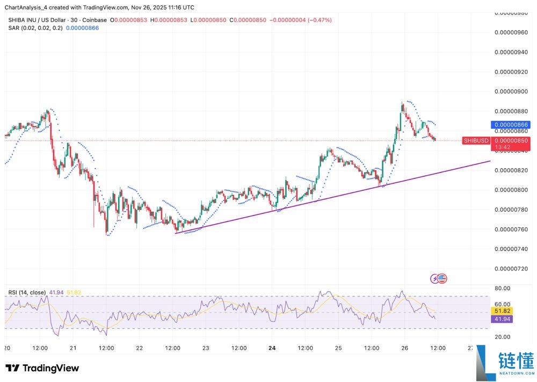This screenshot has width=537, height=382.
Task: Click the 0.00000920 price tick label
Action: [x=512, y=71]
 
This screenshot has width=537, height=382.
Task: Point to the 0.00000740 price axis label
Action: [x=512, y=249]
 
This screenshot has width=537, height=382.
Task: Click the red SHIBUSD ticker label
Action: [x=476, y=141]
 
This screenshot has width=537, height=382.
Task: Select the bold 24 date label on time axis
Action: [x=272, y=348]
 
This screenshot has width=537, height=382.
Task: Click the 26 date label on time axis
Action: [x=404, y=348]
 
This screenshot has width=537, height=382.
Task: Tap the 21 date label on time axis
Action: [x=73, y=348]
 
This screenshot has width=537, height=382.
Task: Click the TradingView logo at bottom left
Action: [x=42, y=368]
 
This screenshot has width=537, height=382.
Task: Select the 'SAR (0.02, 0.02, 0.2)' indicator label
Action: [x=35, y=28]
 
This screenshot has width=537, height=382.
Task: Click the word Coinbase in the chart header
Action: [x=94, y=20]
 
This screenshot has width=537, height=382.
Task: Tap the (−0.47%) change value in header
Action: [x=319, y=20]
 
